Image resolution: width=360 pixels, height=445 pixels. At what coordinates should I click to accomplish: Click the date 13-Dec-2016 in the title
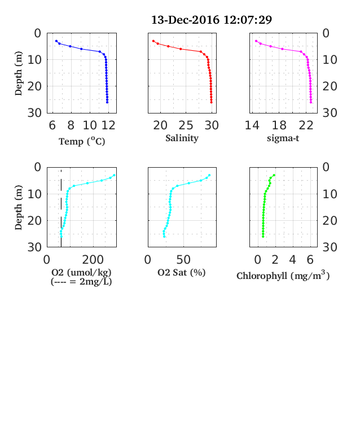[186, 20]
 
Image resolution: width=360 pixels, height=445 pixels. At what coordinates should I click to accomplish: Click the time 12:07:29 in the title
[248, 20]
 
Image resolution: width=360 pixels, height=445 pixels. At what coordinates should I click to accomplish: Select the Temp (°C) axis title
[82, 141]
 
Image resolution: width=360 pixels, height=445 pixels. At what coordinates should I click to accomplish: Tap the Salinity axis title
[182, 138]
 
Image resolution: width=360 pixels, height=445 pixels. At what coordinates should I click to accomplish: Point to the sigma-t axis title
[283, 138]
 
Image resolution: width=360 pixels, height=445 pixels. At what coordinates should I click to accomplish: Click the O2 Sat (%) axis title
[182, 272]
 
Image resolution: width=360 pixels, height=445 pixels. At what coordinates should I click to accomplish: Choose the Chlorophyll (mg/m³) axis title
[283, 275]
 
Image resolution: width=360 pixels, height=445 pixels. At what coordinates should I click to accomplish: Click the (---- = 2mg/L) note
[81, 282]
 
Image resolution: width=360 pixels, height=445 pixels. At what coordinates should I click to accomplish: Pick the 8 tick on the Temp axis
[71, 125]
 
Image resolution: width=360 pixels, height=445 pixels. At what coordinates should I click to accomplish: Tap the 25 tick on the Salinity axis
[186, 125]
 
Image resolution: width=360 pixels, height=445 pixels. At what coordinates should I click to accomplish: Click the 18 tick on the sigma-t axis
[279, 125]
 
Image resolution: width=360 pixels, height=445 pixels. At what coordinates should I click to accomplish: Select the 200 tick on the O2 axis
[93, 259]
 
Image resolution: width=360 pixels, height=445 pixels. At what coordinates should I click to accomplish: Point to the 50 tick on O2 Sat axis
[183, 259]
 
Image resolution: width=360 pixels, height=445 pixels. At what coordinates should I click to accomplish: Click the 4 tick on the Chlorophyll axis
[292, 259]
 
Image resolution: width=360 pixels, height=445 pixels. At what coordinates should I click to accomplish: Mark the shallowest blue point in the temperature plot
[56, 41]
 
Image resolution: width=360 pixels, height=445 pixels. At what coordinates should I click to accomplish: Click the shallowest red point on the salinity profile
[153, 41]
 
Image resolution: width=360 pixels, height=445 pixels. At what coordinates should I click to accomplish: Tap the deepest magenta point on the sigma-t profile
[311, 102]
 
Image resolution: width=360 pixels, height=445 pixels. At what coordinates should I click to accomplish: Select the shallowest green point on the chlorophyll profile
[274, 176]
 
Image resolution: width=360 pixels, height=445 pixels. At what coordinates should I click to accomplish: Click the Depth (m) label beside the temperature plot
[18, 73]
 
